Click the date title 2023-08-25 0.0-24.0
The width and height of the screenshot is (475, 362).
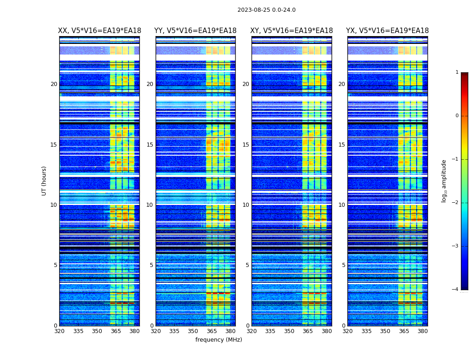(x=266, y=10)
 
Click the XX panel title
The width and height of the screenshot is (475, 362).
(x=100, y=31)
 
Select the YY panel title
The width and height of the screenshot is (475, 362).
(x=195, y=31)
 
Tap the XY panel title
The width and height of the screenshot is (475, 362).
(x=291, y=31)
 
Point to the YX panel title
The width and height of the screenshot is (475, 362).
(x=387, y=31)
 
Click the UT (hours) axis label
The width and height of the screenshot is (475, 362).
(x=44, y=181)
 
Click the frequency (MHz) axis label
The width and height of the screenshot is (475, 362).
(x=218, y=340)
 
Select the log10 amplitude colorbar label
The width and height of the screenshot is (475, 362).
(x=444, y=181)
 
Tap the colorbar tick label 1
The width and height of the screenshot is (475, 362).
(x=457, y=72)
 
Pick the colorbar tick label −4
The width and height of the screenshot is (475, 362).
(x=456, y=290)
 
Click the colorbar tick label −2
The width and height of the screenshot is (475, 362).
(x=456, y=203)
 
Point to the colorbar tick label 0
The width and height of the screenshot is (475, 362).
(x=457, y=116)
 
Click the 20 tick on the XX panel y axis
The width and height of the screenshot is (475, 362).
(x=54, y=84)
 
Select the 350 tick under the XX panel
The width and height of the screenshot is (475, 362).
(x=97, y=331)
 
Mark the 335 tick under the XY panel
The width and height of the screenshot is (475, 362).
(x=270, y=331)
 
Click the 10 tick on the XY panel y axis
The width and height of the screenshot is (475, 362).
(x=246, y=205)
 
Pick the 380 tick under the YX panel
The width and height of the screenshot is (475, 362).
(x=423, y=331)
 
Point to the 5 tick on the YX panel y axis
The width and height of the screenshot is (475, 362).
(x=343, y=265)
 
